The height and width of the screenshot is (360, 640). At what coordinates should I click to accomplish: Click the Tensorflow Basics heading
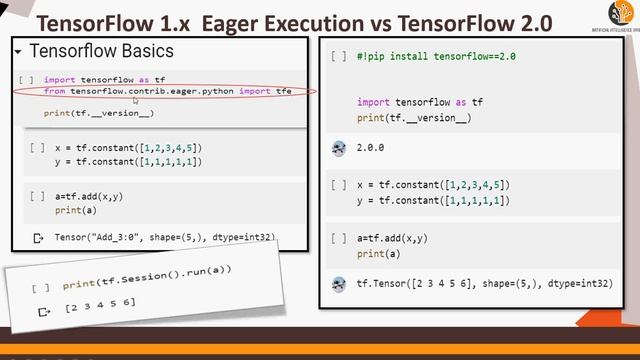coord(101,51)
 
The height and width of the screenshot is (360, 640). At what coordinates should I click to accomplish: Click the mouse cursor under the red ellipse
coord(135,100)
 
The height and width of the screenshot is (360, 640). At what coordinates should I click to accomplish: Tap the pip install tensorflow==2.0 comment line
coord(436,57)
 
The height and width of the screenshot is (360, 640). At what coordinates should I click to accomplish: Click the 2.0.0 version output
coord(370,147)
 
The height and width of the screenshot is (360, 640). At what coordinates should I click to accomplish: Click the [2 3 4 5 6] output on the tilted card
coord(100,305)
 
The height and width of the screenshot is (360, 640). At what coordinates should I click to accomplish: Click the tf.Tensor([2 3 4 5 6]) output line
coord(484,284)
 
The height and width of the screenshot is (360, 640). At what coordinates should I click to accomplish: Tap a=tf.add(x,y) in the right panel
coord(392,238)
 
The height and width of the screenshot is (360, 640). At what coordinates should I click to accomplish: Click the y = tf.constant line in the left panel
coord(129,161)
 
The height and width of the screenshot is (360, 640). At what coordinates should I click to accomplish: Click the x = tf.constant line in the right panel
coord(432,185)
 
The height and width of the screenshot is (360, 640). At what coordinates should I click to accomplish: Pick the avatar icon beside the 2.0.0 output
coord(338,148)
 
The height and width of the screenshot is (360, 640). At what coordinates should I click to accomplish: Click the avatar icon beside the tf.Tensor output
coord(338,284)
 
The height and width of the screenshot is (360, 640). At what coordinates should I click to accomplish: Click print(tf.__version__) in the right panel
coord(414,118)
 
